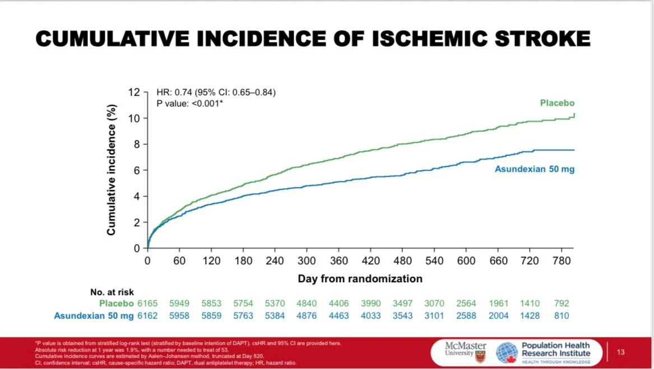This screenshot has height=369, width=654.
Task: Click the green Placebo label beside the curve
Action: [x=557, y=103]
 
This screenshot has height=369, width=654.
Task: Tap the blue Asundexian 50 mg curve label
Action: [x=534, y=169]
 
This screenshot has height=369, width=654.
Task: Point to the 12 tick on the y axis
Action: [x=133, y=92]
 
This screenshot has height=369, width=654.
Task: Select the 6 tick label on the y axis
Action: [x=136, y=170]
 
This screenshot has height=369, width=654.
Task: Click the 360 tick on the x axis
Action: [x=338, y=261]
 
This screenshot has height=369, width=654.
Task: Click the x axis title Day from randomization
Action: [x=360, y=278]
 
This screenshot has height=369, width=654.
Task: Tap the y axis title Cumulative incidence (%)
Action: [x=112, y=170]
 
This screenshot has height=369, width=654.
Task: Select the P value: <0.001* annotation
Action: [x=190, y=103]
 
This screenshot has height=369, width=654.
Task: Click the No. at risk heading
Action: [x=112, y=292]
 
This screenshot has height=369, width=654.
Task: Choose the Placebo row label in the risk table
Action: [x=117, y=303]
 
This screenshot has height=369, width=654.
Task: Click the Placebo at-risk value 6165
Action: [x=148, y=303]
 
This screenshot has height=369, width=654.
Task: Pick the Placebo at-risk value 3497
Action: [x=402, y=303]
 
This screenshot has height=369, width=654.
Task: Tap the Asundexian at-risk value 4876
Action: [x=307, y=316]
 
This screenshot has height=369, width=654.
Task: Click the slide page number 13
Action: [x=620, y=352]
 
